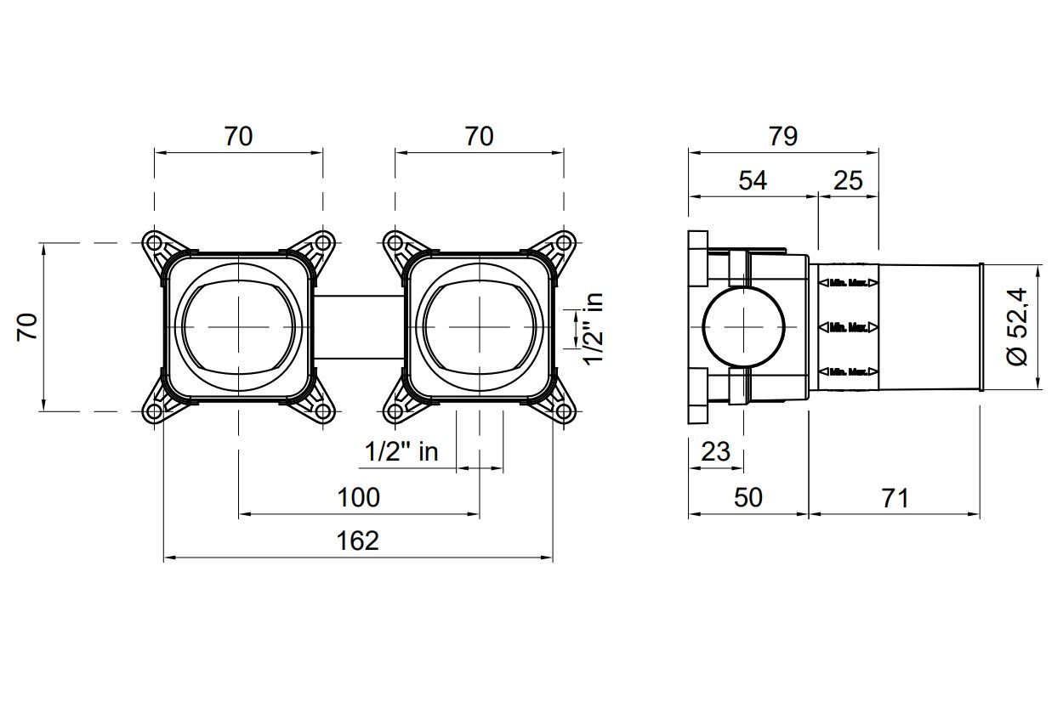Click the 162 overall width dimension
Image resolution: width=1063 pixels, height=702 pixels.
tap(358, 540)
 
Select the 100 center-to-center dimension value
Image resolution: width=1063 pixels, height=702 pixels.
tap(358, 496)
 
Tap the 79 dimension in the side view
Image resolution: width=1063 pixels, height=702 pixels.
tap(782, 136)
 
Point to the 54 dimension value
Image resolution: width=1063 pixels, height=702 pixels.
tap(753, 180)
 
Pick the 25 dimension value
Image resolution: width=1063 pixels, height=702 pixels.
tap(848, 180)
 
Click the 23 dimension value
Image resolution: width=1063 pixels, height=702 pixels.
tap(715, 451)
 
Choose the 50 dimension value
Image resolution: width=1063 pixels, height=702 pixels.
tap(748, 497)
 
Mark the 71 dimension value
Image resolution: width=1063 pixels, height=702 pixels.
tap(895, 497)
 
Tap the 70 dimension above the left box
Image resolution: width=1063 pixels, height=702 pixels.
tap(238, 136)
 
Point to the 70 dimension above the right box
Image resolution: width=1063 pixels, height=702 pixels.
tap(479, 136)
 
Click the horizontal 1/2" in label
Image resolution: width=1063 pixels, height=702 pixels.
tap(402, 451)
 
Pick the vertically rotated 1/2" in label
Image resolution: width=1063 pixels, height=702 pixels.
tap(593, 329)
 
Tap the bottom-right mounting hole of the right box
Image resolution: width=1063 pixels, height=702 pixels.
tap(563, 412)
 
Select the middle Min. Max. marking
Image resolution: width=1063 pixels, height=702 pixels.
tap(848, 326)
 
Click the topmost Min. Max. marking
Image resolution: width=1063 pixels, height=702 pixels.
tap(848, 281)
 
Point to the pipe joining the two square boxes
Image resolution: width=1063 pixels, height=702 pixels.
tap(358, 327)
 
